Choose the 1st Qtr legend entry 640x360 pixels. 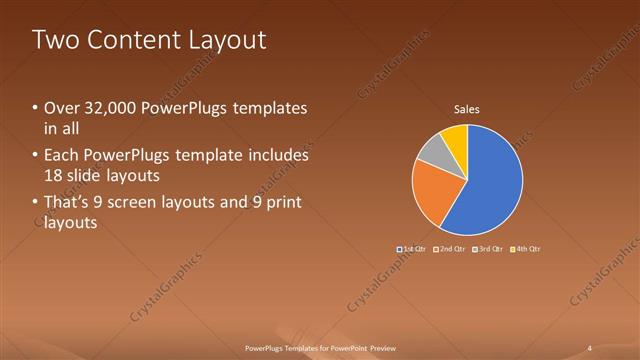click(412, 248)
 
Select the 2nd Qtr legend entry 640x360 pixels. click(449, 248)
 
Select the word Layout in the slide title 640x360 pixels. click(229, 41)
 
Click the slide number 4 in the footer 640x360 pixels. click(590, 347)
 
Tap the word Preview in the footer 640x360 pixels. click(376, 347)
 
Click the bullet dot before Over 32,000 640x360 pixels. click(36, 108)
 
